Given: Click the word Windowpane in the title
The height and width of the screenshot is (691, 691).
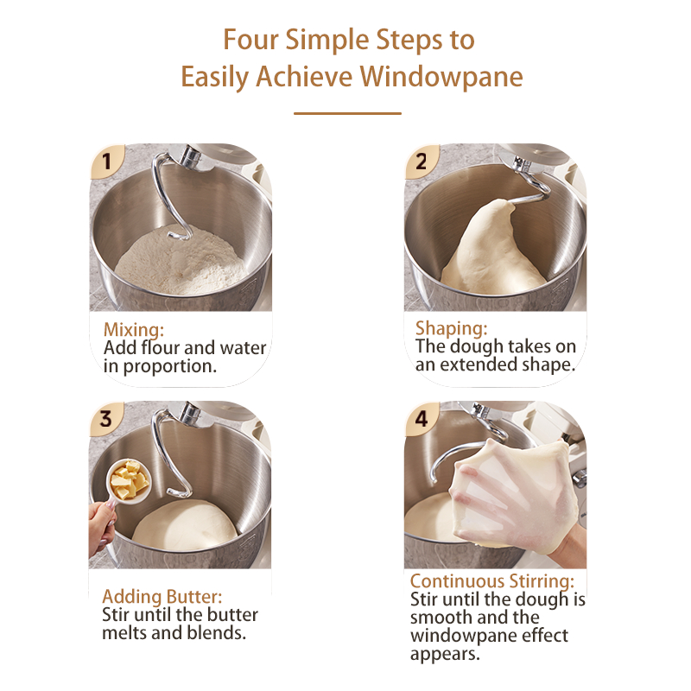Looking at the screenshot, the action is tap(441, 77).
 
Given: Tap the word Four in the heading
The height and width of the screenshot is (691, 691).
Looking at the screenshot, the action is tap(250, 39).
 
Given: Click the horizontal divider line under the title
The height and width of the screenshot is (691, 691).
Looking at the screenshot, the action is tap(347, 113).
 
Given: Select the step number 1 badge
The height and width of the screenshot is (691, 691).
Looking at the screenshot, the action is tap(106, 162).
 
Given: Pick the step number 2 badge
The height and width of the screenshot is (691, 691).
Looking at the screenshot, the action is tap(422, 162).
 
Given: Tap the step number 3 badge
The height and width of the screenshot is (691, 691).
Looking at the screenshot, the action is tap(105, 419).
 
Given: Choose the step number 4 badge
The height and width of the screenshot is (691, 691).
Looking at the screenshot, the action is tap(422, 419).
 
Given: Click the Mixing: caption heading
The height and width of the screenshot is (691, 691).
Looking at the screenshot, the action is tap(134, 330).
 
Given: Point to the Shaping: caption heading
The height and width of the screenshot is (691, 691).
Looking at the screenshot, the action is tap(451, 328).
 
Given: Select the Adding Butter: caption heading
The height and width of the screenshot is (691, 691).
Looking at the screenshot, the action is tap(162, 596).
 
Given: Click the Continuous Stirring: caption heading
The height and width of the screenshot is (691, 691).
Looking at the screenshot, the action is tap(492, 580).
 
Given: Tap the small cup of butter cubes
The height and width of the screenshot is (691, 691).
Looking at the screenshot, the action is tap(129, 481).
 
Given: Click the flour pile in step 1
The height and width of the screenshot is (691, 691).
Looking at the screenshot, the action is tap(181, 261).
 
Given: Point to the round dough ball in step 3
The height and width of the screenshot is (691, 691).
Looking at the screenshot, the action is tap(185, 525).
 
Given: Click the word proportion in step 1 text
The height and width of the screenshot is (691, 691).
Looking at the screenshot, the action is tap(169, 367).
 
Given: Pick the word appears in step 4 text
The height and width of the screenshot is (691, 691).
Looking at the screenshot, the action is tap(445, 655).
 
